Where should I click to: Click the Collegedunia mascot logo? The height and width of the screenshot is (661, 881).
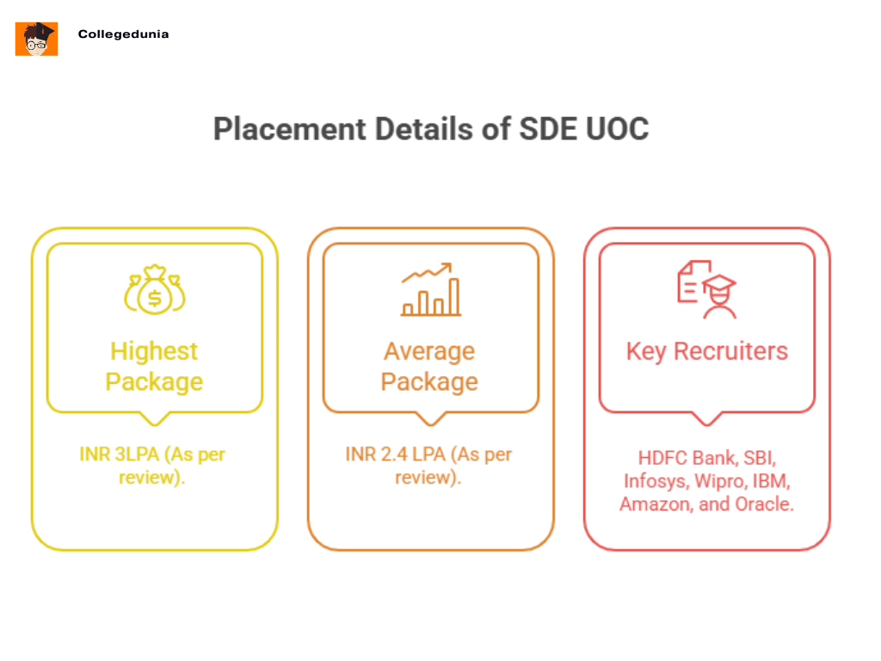pos(36,39)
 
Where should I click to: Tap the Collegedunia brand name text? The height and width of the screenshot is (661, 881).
pos(123,34)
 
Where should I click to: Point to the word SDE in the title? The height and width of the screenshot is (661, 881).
pos(544,129)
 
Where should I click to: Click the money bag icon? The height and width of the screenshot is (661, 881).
pos(155,291)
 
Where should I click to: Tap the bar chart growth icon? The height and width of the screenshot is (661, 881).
pos(430,290)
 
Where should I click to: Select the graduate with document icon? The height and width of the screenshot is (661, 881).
pos(706,290)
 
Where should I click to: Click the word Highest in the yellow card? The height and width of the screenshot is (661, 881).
pos(154,351)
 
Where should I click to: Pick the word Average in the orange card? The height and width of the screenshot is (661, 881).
pos(429,351)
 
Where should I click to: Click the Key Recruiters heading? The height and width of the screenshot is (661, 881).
pos(706,351)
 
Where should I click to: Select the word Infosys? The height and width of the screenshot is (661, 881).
pos(650,480)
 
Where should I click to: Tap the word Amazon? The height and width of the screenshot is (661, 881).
pos(655,503)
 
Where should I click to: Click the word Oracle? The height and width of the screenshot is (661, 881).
pos(763,503)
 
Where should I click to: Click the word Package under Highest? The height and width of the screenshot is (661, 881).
pos(154,381)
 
